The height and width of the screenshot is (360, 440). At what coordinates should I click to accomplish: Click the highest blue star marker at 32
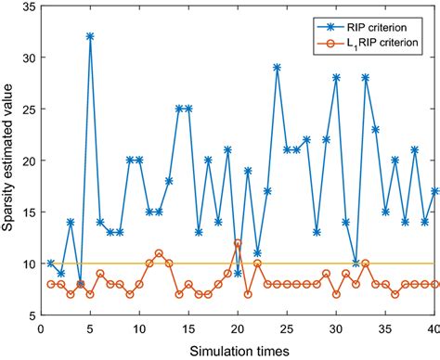90,36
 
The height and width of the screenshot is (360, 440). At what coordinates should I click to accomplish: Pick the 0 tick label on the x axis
41,328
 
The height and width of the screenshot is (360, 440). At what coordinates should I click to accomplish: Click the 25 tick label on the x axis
287,328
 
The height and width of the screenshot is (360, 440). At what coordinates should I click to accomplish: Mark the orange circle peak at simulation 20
238,243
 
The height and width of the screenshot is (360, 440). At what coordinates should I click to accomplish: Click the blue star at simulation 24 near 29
277,68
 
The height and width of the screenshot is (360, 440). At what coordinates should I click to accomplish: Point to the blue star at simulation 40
435,191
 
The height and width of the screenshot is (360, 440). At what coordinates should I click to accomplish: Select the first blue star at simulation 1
50,264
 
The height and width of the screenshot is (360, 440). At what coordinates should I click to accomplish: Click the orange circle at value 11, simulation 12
159,253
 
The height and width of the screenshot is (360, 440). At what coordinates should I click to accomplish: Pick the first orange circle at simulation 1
50,284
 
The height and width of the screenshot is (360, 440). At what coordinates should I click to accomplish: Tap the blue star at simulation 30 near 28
336,78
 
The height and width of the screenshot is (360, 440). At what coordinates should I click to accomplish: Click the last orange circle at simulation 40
435,284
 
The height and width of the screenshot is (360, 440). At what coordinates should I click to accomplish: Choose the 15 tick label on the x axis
188,328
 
